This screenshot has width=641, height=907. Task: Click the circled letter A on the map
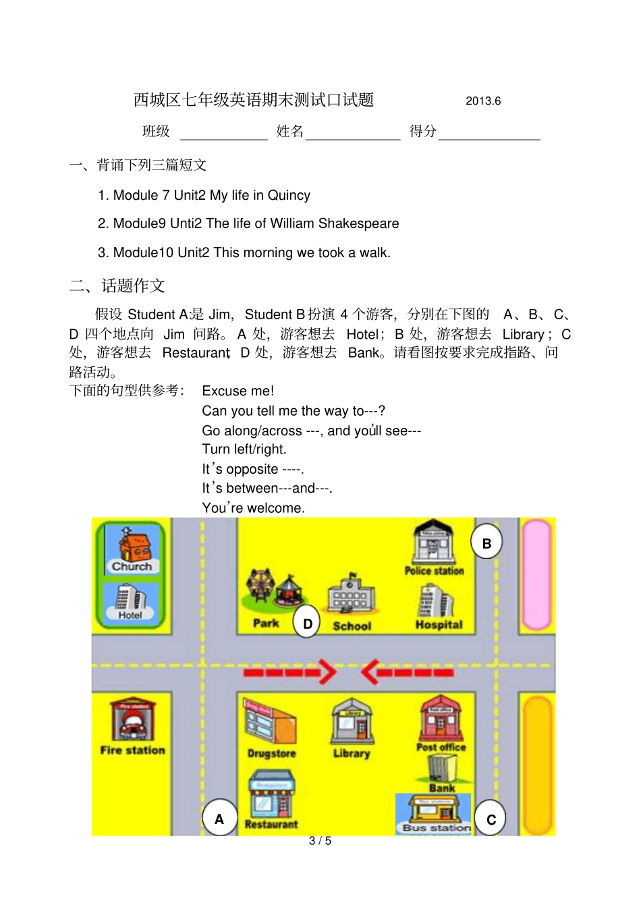coord(219,819)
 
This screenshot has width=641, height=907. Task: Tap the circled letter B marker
coord(486,543)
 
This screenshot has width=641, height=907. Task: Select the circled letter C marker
coord(491,819)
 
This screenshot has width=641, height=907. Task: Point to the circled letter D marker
coord(307,624)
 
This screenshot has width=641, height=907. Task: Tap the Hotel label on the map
coord(130,615)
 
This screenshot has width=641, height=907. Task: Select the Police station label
coord(434,571)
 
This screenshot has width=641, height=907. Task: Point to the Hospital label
coord(439,625)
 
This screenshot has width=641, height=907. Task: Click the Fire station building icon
coord(132,720)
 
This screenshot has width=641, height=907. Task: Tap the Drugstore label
coord(271,753)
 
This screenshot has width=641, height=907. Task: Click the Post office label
coord(441,747)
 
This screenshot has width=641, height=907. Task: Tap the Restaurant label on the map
coord(271,824)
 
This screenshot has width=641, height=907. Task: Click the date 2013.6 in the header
coord(483,101)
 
